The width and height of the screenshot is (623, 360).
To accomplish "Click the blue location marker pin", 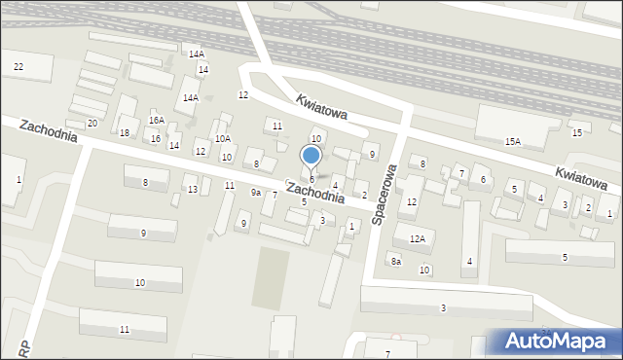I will (x=311, y=156).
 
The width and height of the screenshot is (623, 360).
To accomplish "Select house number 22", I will (x=18, y=66).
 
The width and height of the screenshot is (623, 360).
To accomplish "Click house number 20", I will (x=92, y=124).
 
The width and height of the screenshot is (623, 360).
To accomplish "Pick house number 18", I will (x=124, y=132).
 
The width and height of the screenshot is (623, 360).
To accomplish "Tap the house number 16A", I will (x=156, y=120).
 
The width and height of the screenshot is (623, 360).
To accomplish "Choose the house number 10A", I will (x=223, y=139).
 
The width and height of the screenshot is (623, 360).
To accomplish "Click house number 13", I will (x=193, y=189).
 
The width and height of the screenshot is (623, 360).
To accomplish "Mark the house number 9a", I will (x=256, y=193).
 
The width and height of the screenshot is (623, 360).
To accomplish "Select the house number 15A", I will (x=512, y=142).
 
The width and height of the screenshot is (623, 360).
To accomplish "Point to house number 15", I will (x=577, y=132).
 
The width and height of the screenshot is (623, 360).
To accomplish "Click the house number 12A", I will (x=418, y=238).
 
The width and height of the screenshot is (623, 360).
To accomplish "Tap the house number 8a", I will (x=395, y=261).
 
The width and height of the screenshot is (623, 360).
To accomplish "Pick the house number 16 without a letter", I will (x=155, y=139).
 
